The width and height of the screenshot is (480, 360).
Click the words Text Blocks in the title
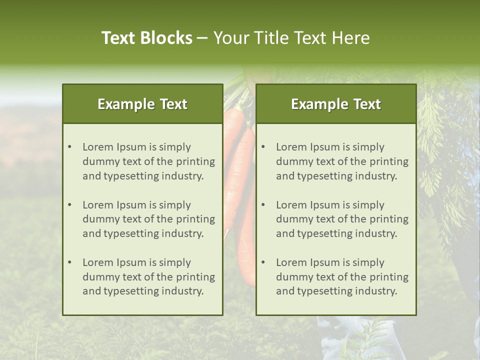(x=146, y=38)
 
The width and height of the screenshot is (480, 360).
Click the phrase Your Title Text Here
(x=291, y=38)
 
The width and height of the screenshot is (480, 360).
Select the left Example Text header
(x=142, y=104)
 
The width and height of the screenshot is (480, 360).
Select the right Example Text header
(x=336, y=104)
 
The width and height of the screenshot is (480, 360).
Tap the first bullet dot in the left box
(x=69, y=147)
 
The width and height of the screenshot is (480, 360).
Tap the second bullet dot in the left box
(x=69, y=205)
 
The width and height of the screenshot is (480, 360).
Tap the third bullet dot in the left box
(x=69, y=262)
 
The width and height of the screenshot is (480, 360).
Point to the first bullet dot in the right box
(x=263, y=147)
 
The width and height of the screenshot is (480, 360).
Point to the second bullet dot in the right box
(x=263, y=205)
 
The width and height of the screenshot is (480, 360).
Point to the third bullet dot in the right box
(x=263, y=262)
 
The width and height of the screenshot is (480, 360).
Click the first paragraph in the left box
(x=148, y=161)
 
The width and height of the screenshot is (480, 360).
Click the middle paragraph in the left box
(x=148, y=219)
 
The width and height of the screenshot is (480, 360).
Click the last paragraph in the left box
(x=148, y=277)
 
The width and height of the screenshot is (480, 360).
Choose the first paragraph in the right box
(x=342, y=161)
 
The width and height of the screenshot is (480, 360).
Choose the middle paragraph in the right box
(x=342, y=219)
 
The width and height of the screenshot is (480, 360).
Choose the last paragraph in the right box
(x=342, y=277)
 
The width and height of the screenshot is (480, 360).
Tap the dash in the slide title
(x=202, y=38)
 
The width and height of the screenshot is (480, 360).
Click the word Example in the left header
(x=125, y=104)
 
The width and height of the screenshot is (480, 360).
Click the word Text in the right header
(x=367, y=104)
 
